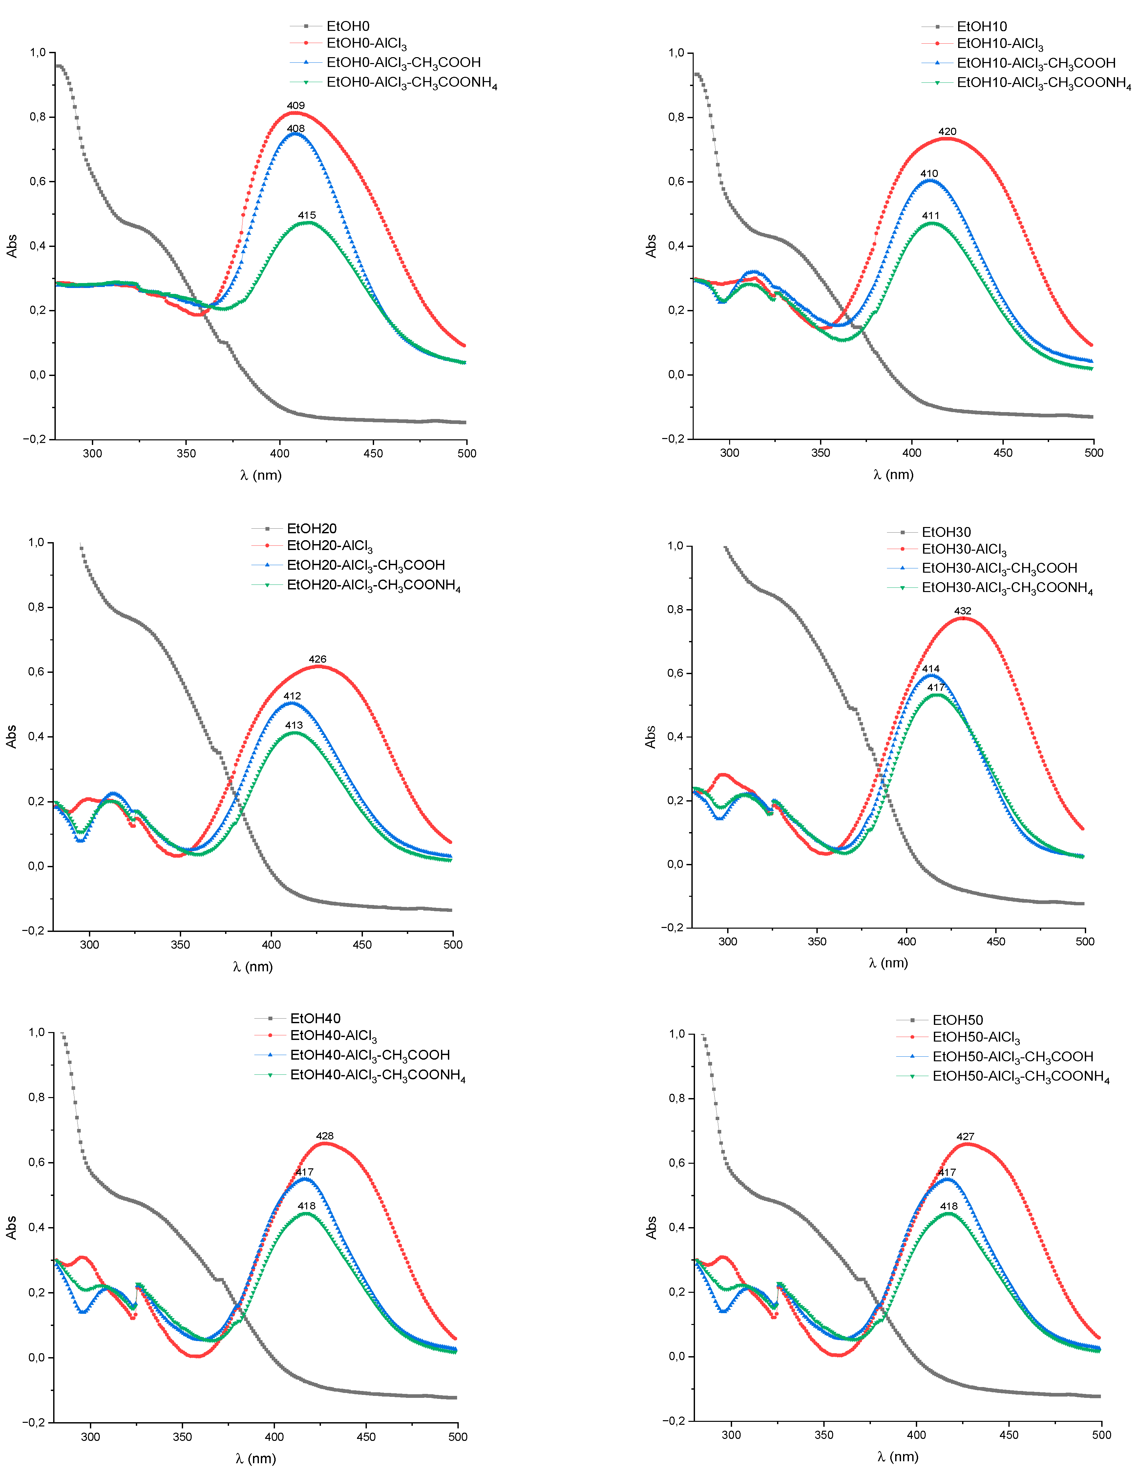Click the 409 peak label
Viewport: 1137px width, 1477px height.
[295, 105]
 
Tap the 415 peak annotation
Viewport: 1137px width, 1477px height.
[307, 215]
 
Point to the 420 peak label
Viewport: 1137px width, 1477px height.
[947, 131]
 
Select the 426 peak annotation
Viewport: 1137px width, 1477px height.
[317, 659]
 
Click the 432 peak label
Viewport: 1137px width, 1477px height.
[963, 611]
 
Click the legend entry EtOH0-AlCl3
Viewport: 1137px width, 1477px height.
[367, 44]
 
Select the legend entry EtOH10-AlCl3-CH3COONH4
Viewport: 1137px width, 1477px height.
[1043, 83]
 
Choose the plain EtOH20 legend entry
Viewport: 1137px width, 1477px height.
[312, 528]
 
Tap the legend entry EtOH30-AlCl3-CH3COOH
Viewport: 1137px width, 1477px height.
[999, 568]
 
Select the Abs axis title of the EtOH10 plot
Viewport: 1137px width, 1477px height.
[651, 246]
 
